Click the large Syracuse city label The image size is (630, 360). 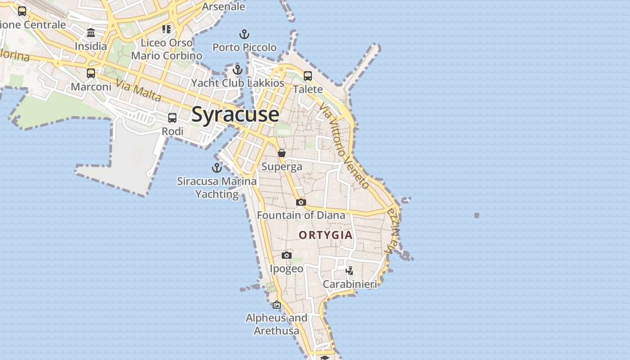[235, 114]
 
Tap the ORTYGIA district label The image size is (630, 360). [326, 235]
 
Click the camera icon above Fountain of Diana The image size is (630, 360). [301, 202]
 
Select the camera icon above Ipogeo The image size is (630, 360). [286, 256]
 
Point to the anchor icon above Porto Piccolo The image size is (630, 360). [244, 34]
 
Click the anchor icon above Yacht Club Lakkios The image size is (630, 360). [238, 70]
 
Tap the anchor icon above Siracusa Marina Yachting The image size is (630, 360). [217, 168]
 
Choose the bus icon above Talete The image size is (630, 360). [308, 76]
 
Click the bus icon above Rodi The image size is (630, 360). [172, 118]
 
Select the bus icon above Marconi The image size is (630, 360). [91, 73]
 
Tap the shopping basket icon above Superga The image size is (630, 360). [282, 153]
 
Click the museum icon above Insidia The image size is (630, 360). [91, 32]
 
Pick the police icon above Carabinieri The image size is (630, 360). [349, 270]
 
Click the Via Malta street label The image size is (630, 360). [138, 90]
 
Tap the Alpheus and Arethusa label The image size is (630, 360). [276, 324]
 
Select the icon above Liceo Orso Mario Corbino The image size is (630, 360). [166, 29]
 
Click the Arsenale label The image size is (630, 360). [223, 6]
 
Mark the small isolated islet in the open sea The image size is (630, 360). [477, 216]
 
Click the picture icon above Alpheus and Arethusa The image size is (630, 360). [276, 305]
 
